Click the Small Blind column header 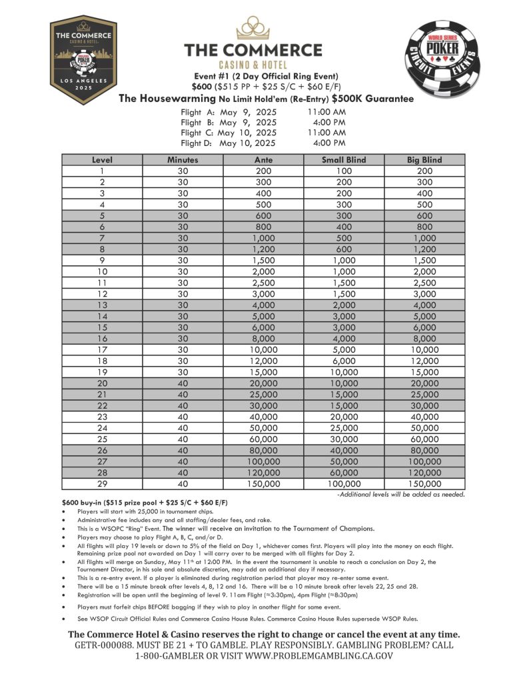click(x=344, y=160)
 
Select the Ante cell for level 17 click(x=264, y=349)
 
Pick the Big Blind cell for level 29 click(x=424, y=483)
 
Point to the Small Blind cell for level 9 click(x=344, y=260)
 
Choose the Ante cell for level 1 click(x=264, y=171)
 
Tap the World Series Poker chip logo click(x=448, y=61)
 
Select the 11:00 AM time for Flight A click(x=326, y=112)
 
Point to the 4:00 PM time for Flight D click(x=328, y=143)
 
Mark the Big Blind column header click(x=424, y=160)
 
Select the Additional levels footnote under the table click(x=400, y=494)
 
